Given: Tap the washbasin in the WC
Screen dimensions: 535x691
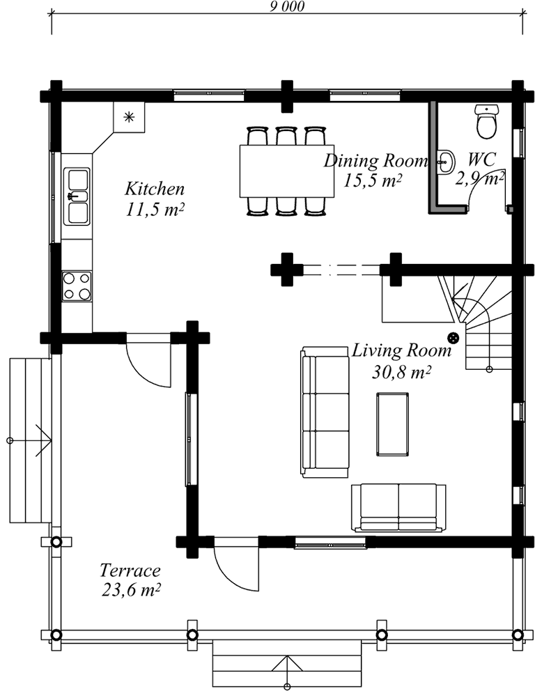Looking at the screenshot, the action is click(x=446, y=162).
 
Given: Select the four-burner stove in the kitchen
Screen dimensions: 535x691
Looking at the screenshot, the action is click(x=77, y=286).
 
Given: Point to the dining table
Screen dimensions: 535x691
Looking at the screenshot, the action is click(x=286, y=171).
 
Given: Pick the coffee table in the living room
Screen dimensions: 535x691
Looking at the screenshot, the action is click(x=392, y=424).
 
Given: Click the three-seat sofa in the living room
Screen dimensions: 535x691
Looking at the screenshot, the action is click(x=325, y=412).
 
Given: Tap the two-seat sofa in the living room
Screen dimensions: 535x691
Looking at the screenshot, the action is click(x=398, y=507).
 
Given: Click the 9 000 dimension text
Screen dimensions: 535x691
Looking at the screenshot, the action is click(x=287, y=6).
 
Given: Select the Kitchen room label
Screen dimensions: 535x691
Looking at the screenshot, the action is click(x=154, y=189).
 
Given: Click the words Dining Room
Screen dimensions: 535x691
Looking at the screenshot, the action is click(x=376, y=160).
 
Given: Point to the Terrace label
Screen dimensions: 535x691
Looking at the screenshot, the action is click(x=130, y=570).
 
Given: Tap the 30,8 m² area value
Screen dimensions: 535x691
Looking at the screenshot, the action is click(x=401, y=373).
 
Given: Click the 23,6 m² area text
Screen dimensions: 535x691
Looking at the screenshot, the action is click(x=130, y=589).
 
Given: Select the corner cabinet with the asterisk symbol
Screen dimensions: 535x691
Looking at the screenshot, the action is click(x=129, y=117).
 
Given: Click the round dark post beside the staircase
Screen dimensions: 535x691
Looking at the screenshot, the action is click(x=453, y=338).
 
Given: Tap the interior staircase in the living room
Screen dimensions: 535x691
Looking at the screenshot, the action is click(x=475, y=323).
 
